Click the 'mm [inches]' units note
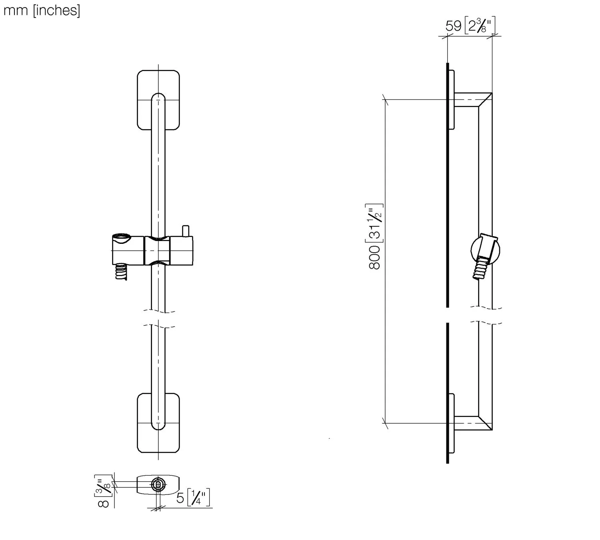pyautogui.click(x=42, y=10)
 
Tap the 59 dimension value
pyautogui.click(x=454, y=26)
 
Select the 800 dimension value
pyautogui.click(x=374, y=258)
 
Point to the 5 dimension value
pyautogui.click(x=180, y=498)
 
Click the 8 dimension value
pyautogui.click(x=103, y=504)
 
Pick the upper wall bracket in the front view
pyautogui.click(x=158, y=100)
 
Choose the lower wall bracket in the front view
pyautogui.click(x=158, y=423)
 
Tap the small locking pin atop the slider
pyautogui.click(x=186, y=231)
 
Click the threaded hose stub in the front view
pyautogui.click(x=121, y=271)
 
